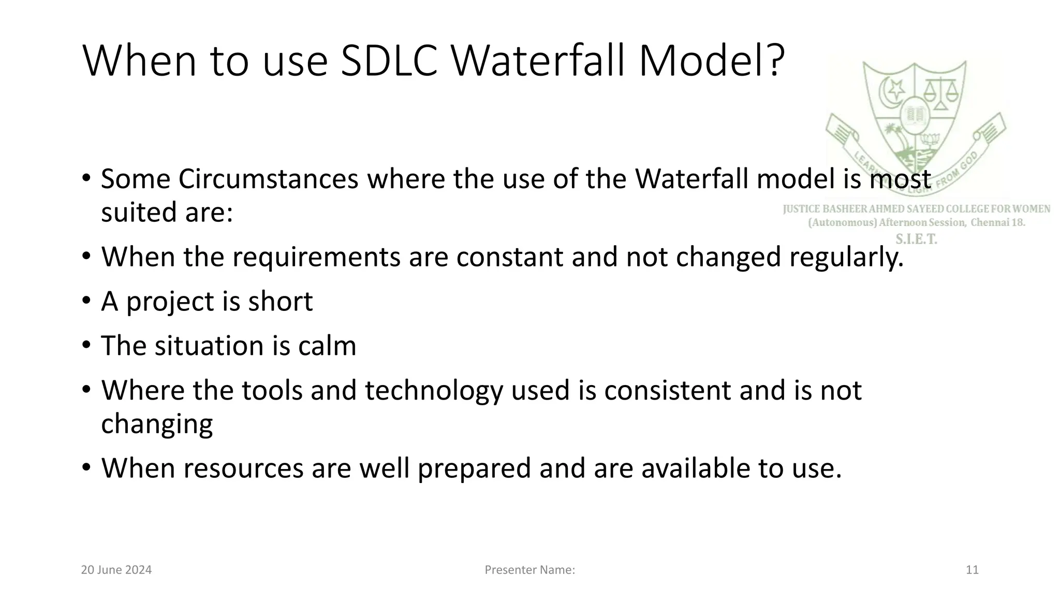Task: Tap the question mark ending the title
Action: click(774, 61)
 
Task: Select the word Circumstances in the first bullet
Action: click(268, 179)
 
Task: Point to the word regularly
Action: click(846, 257)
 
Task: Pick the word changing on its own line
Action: click(157, 424)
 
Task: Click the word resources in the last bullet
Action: click(243, 468)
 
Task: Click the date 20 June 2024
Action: click(116, 570)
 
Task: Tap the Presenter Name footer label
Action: click(529, 570)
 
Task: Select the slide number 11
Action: click(972, 570)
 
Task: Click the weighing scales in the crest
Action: click(939, 93)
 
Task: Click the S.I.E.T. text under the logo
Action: click(916, 239)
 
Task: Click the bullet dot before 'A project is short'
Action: click(86, 301)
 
